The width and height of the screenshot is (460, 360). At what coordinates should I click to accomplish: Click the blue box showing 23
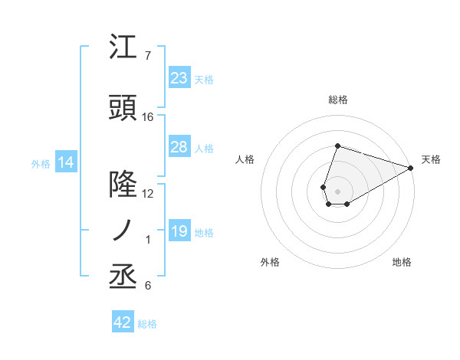(179, 78)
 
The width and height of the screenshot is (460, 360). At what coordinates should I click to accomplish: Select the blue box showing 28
(179, 147)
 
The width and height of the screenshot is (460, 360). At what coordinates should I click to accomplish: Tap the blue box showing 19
(179, 231)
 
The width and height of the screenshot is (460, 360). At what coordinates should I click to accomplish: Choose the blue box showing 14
(65, 162)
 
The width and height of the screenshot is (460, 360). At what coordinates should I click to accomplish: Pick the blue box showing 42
(123, 322)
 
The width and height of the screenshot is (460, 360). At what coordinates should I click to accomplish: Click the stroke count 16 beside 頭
(148, 117)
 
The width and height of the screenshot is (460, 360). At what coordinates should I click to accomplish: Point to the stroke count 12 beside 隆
(148, 193)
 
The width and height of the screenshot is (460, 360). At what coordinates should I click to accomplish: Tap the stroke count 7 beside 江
(147, 56)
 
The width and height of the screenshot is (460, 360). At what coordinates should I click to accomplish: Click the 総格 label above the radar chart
(337, 100)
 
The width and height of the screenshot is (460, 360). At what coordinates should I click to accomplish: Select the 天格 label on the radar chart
(431, 159)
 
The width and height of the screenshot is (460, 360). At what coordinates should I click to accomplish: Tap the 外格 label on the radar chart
(270, 262)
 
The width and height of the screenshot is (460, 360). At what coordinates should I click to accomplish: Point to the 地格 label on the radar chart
(402, 262)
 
